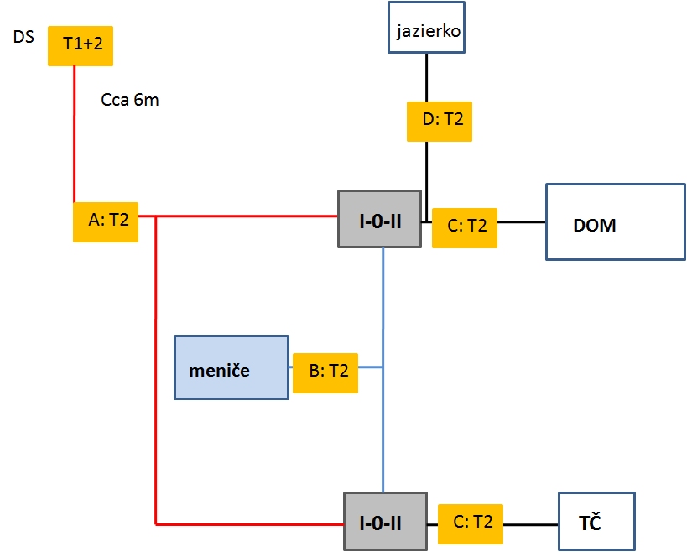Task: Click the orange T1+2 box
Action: [81, 45]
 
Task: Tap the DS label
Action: [23, 37]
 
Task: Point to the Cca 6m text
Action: [129, 101]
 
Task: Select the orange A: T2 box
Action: [106, 221]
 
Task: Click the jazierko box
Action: [426, 32]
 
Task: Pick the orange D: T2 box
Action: [440, 121]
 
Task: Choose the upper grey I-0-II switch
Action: [379, 219]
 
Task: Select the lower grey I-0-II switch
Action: [385, 522]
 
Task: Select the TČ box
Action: [596, 522]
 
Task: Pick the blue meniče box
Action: [231, 367]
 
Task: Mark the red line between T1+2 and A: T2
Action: [75, 134]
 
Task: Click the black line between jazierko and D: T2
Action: [427, 77]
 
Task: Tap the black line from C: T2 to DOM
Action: [522, 222]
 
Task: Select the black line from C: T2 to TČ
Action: [531, 525]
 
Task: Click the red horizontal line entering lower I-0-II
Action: [252, 524]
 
